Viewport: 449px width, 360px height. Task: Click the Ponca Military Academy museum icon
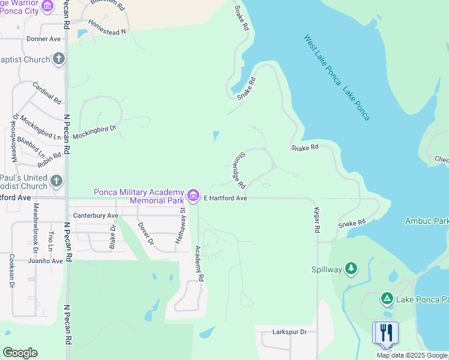[x=193, y=196]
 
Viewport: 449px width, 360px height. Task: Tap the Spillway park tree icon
[x=351, y=269]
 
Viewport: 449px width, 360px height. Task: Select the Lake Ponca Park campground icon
[x=387, y=298]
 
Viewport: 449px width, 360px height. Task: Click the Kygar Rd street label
[x=317, y=221]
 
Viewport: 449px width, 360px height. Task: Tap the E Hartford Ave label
[x=226, y=198]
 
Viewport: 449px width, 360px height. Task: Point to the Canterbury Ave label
[x=95, y=215]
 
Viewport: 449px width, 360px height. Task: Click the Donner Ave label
[x=44, y=39]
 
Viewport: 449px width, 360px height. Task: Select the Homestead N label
[x=107, y=27]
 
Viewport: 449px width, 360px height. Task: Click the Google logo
[x=20, y=353]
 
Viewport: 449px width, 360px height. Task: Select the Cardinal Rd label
[x=47, y=94]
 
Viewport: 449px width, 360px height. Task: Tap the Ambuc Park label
[x=427, y=221]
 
